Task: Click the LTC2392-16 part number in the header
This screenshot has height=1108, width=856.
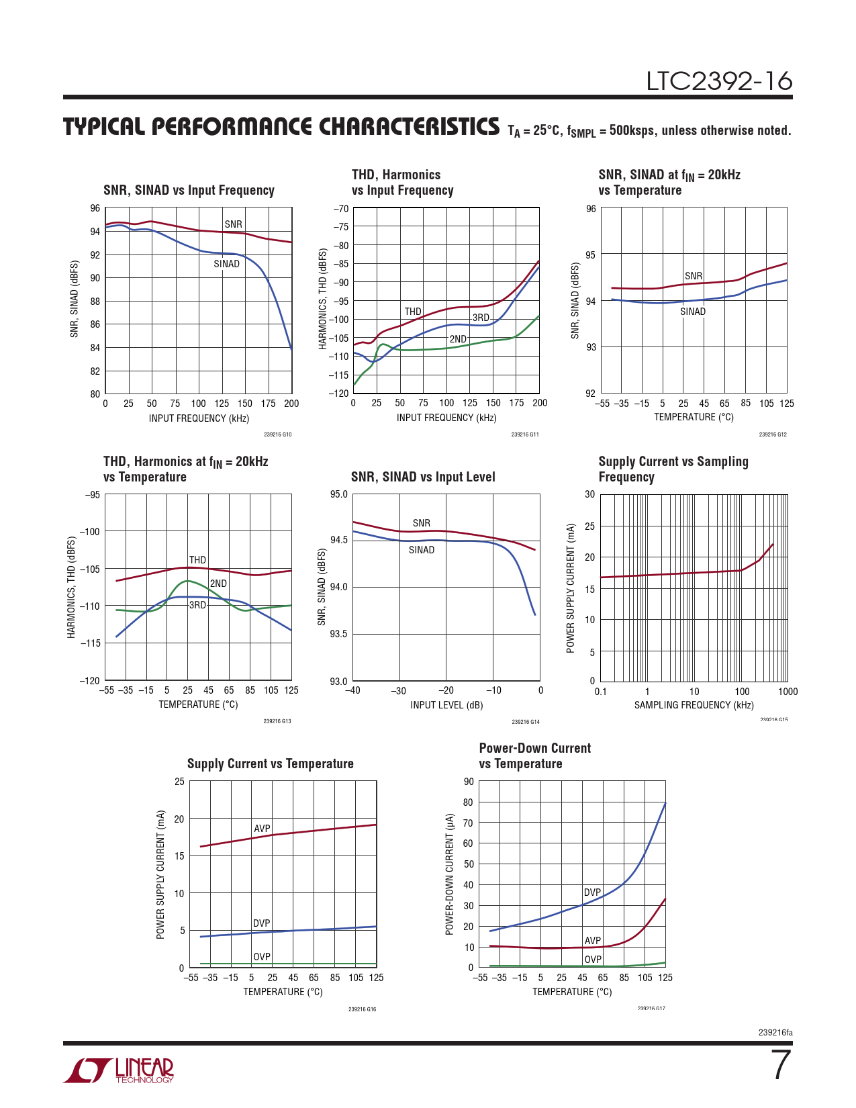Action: [x=719, y=81]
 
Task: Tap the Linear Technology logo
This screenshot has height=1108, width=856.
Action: [x=119, y=1070]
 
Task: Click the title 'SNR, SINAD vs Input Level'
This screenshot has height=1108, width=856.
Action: [x=423, y=477]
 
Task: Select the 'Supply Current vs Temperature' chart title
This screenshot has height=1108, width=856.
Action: [x=270, y=764]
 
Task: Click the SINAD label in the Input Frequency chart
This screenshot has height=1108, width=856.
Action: [x=226, y=264]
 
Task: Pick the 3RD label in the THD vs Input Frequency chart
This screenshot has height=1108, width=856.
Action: [x=481, y=318]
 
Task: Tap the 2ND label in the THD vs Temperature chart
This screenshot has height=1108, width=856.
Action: [x=218, y=584]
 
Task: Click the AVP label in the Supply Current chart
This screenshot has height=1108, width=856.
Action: [x=262, y=829]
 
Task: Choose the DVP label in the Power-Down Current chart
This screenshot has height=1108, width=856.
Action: [x=592, y=892]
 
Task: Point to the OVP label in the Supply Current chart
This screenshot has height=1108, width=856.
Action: [x=262, y=957]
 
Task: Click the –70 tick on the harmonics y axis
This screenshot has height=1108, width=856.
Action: [x=341, y=209]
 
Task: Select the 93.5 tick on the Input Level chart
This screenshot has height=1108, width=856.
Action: [x=338, y=634]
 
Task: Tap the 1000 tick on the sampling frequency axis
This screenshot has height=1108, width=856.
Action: [x=788, y=692]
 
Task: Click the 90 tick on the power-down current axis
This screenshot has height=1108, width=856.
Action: [x=469, y=782]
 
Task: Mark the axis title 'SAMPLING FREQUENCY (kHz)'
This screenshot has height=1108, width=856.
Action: [x=694, y=705]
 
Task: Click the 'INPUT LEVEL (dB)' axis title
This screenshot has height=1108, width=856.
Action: [x=446, y=705]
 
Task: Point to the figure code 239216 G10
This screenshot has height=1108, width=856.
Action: [x=277, y=434]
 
